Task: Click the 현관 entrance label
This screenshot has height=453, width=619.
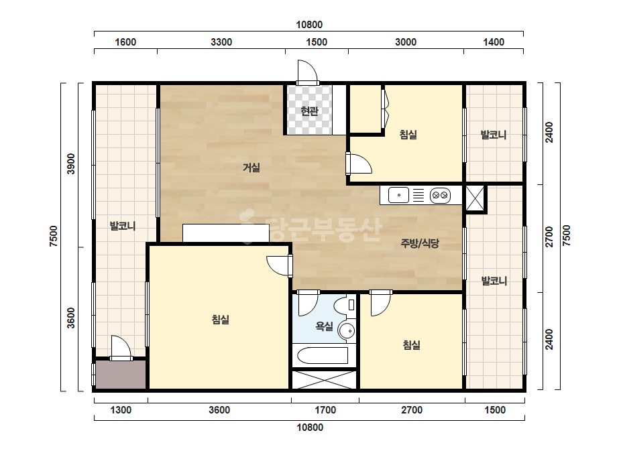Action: point(309,111)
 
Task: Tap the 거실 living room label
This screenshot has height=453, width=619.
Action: point(251,168)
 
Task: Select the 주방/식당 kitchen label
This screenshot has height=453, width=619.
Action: point(420,243)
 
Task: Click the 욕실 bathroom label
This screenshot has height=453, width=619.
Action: point(324,326)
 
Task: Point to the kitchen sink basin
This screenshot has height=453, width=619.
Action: point(399,195)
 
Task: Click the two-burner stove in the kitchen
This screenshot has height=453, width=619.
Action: point(440,195)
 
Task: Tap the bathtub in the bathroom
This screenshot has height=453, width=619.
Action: point(323,355)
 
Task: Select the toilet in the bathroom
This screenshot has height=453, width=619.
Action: point(344,305)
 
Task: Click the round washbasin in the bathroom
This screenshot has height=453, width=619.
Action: point(347,330)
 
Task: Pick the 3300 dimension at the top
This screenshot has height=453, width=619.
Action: point(221,42)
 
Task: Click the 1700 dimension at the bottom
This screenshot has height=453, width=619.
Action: point(325,410)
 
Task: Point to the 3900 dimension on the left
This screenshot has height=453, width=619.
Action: point(70,164)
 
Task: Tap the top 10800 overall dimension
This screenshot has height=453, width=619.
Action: point(309,25)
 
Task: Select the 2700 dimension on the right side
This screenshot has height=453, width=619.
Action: point(549,237)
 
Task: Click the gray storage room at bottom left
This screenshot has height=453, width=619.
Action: point(121,374)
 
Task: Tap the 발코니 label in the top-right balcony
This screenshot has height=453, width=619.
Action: point(494,135)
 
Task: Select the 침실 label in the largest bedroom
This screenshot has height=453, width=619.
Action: point(220,319)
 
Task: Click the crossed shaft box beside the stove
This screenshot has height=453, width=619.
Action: point(475,199)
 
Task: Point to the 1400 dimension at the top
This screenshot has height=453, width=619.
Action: point(494,42)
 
